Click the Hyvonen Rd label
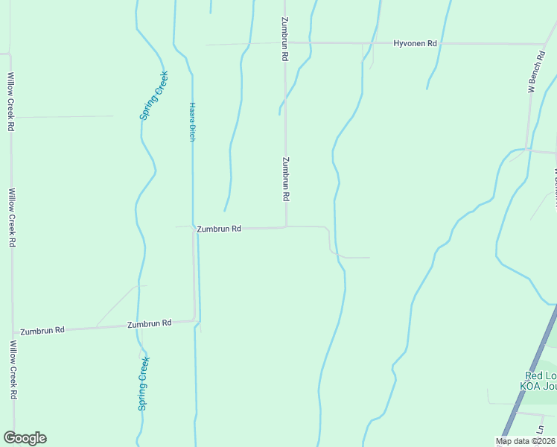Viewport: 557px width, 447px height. pyautogui.click(x=415, y=44)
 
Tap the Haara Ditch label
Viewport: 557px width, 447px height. pyautogui.click(x=192, y=122)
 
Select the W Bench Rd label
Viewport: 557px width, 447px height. pyautogui.click(x=532, y=72)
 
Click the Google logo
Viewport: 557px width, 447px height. pyautogui.click(x=25, y=438)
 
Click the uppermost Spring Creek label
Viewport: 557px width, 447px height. pyautogui.click(x=153, y=95)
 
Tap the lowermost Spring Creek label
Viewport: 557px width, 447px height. pyautogui.click(x=144, y=384)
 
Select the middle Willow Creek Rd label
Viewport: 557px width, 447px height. pyautogui.click(x=12, y=218)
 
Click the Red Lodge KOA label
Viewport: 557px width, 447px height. pyautogui.click(x=538, y=381)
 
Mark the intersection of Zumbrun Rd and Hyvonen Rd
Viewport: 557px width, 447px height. pyautogui.click(x=285, y=43)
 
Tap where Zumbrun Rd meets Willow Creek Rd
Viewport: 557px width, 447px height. pyautogui.click(x=13, y=332)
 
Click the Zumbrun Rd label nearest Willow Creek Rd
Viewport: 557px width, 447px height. pyautogui.click(x=42, y=330)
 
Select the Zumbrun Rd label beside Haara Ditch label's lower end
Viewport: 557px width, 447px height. pyautogui.click(x=218, y=229)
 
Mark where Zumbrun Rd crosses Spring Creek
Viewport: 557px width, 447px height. pyautogui.click(x=138, y=325)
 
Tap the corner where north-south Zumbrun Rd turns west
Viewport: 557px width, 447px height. pyautogui.click(x=286, y=226)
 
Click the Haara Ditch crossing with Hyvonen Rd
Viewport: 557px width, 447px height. pyautogui.click(x=176, y=45)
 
